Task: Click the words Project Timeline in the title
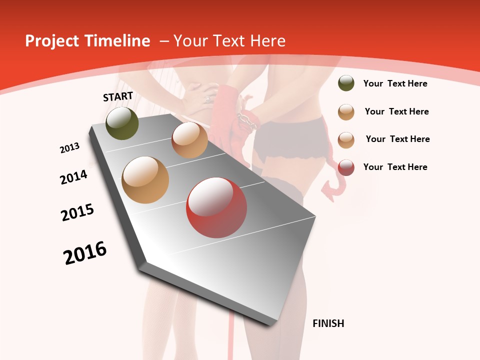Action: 87,41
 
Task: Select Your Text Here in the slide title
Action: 229,41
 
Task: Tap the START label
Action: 118,96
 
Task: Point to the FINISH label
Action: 328,323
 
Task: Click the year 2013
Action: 69,148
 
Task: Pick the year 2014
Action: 73,177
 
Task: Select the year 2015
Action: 77,212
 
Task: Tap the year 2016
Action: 85,253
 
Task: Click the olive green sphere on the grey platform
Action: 122,123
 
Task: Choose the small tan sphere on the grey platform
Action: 189,140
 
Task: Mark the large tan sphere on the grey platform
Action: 145,180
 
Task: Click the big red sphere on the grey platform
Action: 216,207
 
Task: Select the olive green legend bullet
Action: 346,83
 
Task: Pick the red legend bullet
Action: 346,167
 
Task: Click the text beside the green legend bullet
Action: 395,83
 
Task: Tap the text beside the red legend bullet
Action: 395,167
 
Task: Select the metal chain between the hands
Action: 243,118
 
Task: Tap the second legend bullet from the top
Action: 346,112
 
